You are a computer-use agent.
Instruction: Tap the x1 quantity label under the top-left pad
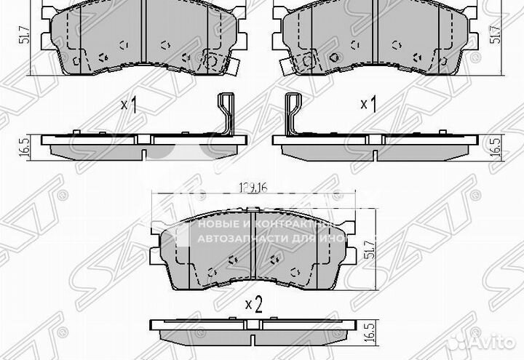(128, 105)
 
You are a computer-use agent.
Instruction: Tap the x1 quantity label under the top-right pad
(368, 105)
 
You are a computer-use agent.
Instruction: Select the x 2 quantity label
(253, 304)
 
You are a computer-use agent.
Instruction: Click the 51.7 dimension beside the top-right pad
(499, 35)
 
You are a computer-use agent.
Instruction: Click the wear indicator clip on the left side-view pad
(226, 114)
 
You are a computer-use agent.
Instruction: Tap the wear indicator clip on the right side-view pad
(294, 114)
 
